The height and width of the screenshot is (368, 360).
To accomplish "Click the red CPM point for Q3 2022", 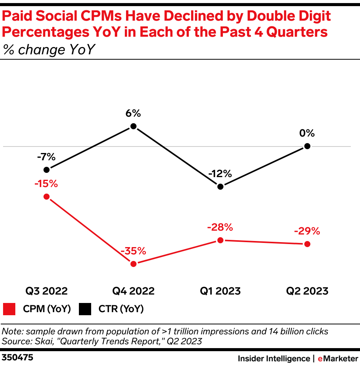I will tap(46, 197).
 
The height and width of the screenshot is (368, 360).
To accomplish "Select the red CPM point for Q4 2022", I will tap(133, 264).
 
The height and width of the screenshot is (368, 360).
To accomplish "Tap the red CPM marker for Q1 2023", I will tap(220, 240).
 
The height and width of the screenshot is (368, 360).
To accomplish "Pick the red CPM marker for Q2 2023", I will tap(307, 244).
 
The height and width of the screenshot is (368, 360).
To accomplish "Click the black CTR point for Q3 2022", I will tap(46, 169).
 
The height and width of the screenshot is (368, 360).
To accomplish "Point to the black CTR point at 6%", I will tap(133, 126).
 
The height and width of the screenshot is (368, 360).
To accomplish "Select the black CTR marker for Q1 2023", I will tap(220, 186).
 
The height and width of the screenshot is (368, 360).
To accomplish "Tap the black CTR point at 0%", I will tap(307, 146).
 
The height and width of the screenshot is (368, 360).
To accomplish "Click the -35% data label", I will tap(133, 251).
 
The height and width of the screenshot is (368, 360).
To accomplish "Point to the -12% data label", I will tap(220, 174).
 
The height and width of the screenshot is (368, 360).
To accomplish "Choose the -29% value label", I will tap(307, 231).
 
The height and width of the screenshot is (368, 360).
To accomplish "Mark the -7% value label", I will tap(46, 157).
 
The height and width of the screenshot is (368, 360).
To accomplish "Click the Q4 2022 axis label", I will tap(133, 291).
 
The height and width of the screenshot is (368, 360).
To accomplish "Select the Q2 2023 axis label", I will tap(307, 291).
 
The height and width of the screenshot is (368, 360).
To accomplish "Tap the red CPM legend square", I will tap(9, 309).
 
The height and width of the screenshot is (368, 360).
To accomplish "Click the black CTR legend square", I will tap(85, 309).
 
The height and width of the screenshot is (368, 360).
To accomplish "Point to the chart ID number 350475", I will tap(18, 358).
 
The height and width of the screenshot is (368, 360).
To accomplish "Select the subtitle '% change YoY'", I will tap(49, 50).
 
